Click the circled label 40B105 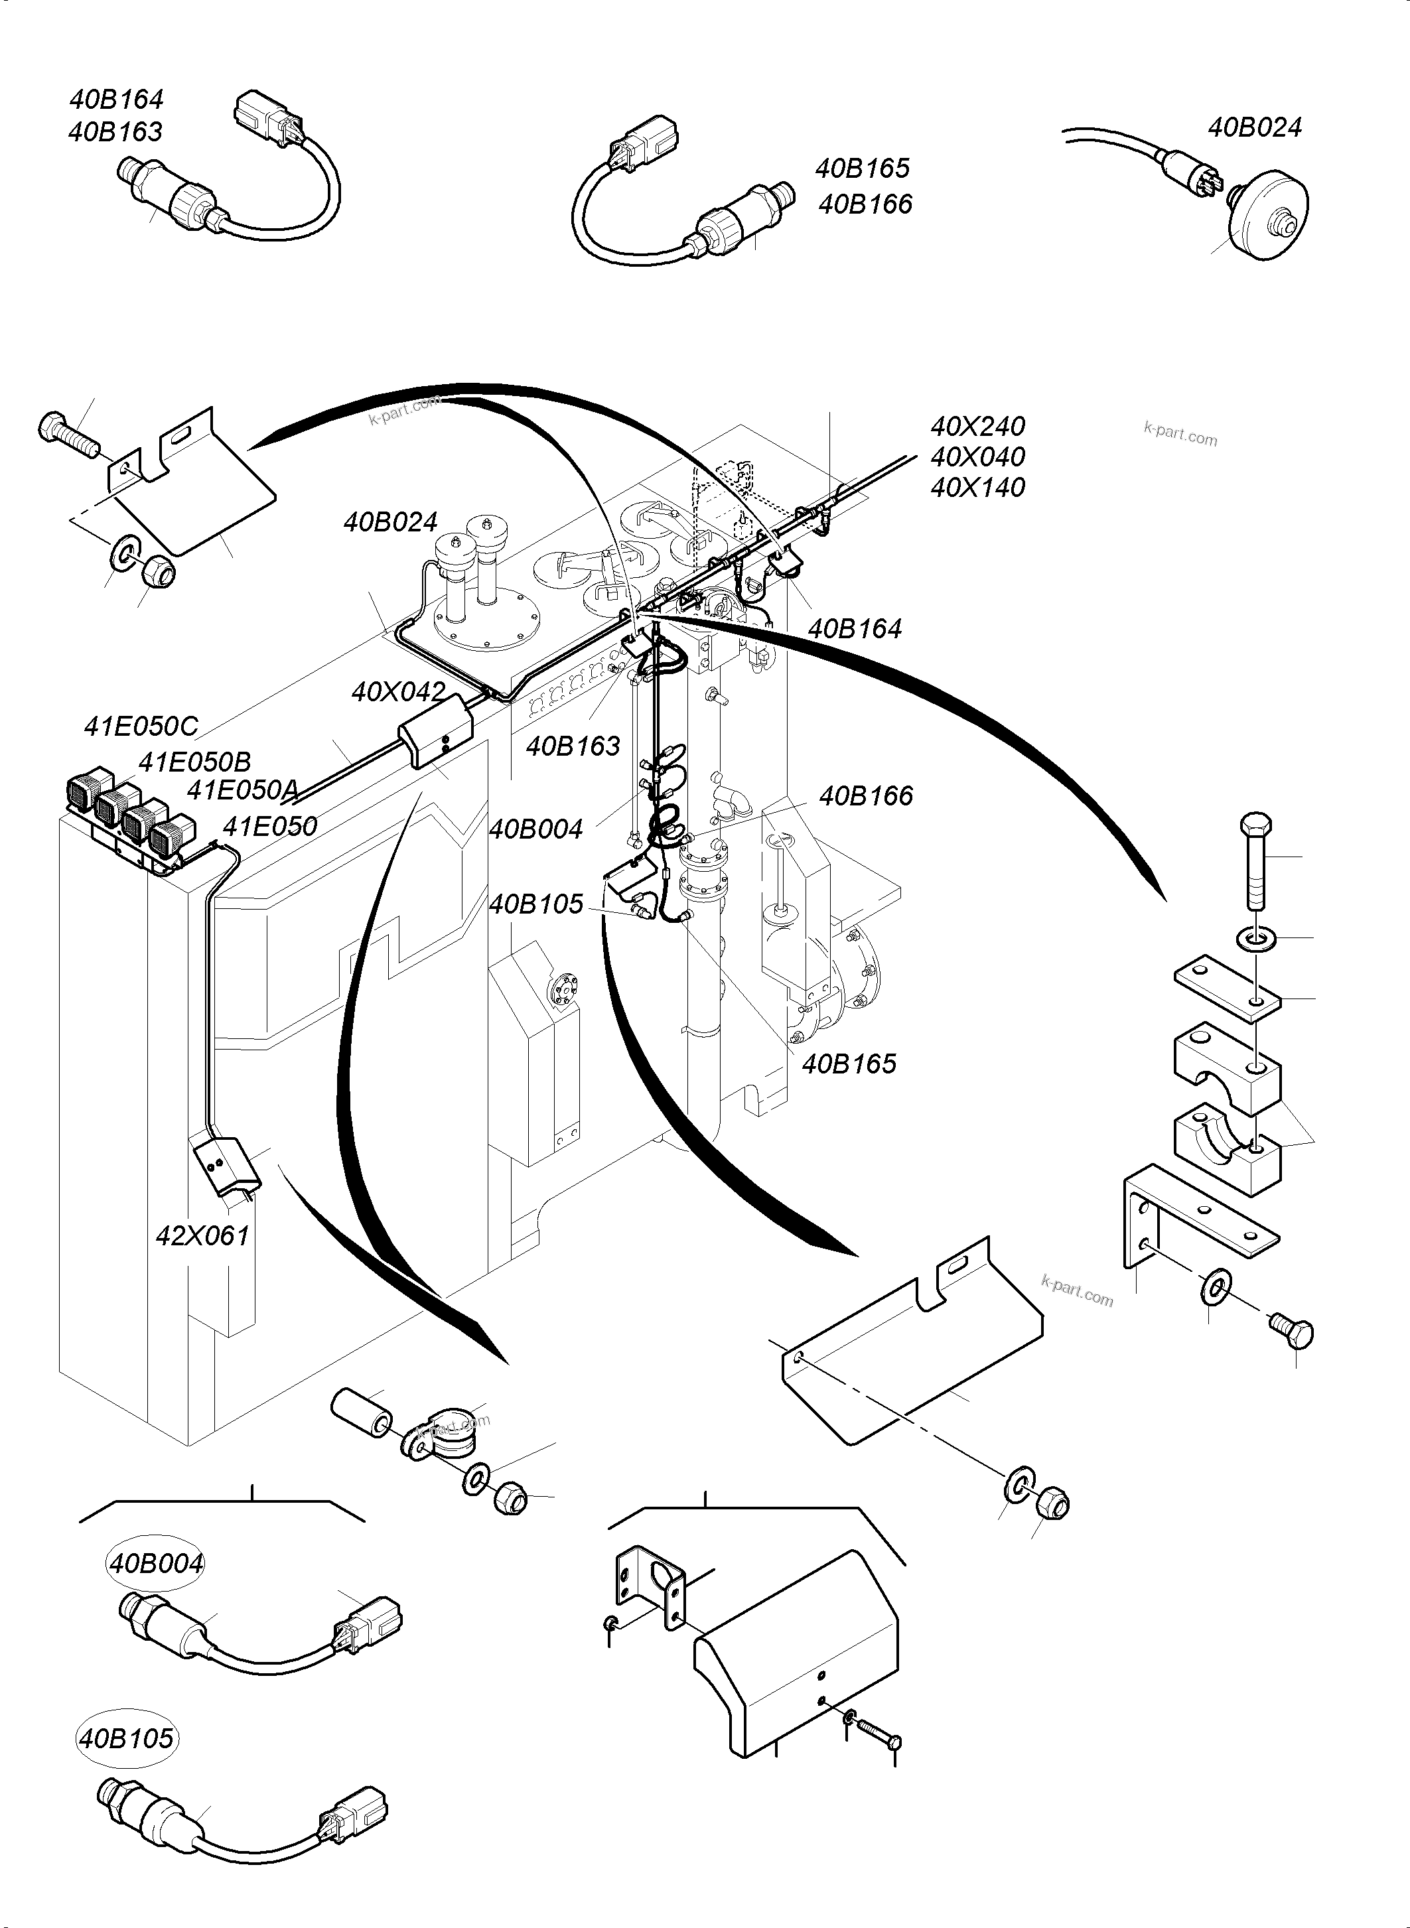pos(126,1738)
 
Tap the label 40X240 pos(977,426)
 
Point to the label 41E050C pos(141,726)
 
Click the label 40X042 pos(399,691)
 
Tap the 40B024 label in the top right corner pos(1254,127)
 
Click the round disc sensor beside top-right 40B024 pos(1269,210)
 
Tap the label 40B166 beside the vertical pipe pos(865,795)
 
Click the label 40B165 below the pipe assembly pos(849,1064)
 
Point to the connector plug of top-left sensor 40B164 pos(265,115)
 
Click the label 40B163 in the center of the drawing pos(573,746)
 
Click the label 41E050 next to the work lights pos(269,825)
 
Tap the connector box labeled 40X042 pos(436,731)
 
